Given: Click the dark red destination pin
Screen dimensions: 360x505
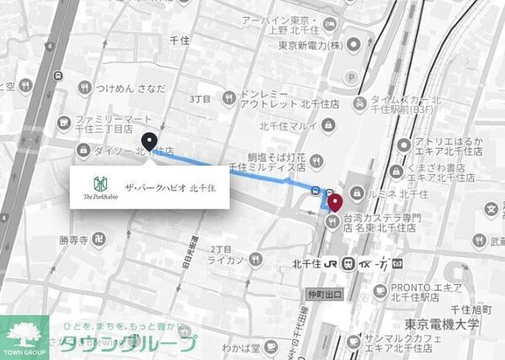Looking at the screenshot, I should [334, 201].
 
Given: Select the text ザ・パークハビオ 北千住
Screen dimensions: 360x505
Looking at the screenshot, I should [169, 186].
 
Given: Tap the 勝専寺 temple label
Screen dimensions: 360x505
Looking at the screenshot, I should [74, 240].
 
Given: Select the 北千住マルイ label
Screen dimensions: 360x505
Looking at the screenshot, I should [287, 127].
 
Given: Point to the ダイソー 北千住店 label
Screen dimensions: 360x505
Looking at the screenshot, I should [135, 152].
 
